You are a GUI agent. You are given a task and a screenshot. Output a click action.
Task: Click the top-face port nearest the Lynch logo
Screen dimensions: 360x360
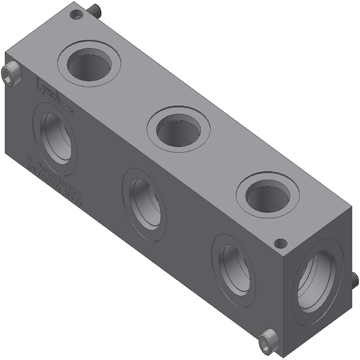tap(89, 64)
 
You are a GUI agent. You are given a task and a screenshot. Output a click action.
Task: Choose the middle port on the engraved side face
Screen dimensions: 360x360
tap(145, 204)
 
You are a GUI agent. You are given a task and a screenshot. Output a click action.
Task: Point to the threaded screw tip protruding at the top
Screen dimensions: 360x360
tap(95, 11)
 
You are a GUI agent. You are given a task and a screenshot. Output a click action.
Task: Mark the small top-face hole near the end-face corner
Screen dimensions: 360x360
tap(280, 243)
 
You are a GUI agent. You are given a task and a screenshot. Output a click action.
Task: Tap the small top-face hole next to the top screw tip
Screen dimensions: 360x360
tap(77, 15)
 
